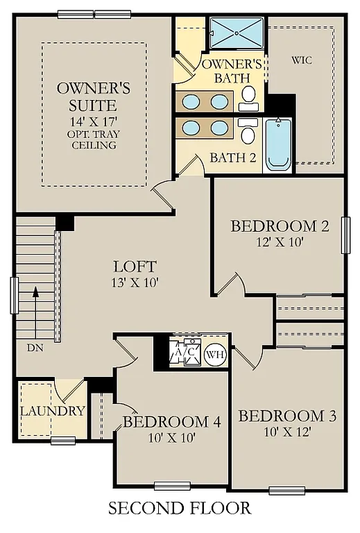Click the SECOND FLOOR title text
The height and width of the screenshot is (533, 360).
pos(180,509)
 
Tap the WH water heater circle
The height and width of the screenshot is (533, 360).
pos(215,354)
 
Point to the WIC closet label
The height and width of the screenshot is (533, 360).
pos(302,60)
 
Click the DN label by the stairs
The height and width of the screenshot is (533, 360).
pos(35,347)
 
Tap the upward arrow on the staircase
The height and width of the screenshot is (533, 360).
pos(34,298)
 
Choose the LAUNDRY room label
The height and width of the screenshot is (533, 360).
pos(52,411)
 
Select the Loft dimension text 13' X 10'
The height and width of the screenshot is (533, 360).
pos(135,282)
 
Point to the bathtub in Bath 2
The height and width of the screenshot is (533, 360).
pos(278,143)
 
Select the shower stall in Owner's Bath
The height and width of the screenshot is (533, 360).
pos(237,33)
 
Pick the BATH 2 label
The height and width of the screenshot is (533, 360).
pos(232,157)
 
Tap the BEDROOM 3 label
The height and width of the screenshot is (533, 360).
pos(287,416)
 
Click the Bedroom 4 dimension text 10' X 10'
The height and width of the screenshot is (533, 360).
pos(171,438)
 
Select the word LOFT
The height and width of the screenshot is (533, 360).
pos(135,266)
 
